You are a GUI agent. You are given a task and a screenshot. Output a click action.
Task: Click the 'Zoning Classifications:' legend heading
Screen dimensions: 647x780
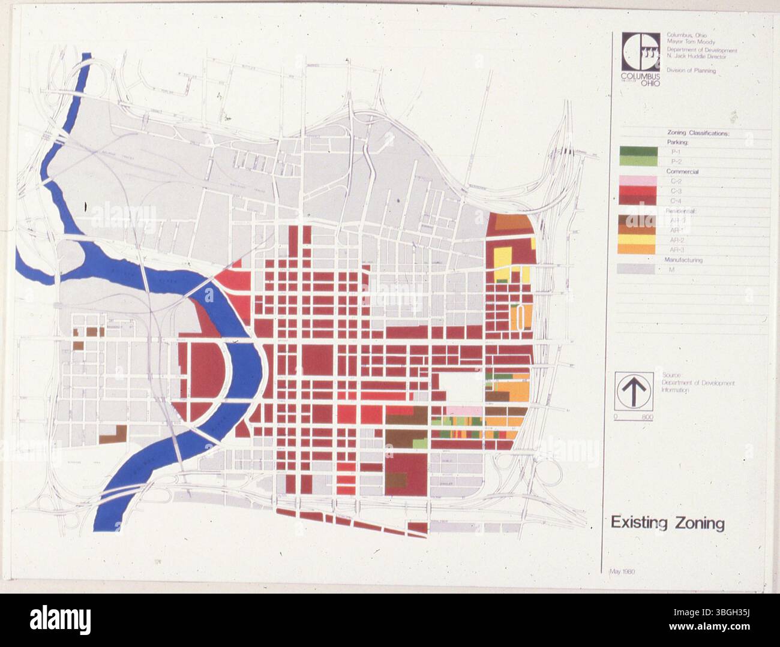[698, 133]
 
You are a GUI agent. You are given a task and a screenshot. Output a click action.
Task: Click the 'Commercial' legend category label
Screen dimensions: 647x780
[682, 171]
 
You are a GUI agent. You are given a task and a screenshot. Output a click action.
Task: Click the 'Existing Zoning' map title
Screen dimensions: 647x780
[667, 523]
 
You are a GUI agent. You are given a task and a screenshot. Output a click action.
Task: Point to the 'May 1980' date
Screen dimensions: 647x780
[622, 571]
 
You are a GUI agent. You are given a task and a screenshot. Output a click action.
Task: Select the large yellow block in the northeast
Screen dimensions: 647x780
[502, 257]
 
